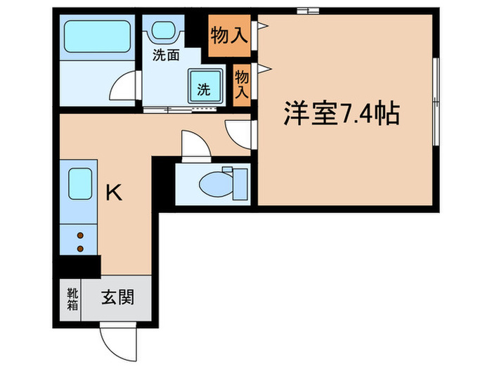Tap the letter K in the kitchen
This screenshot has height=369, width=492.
[x=114, y=192]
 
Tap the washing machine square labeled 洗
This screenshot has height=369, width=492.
[x=204, y=89]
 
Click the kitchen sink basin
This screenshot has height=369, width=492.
[x=79, y=185]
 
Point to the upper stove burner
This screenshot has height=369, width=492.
[x=79, y=236]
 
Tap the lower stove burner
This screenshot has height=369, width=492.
[x=79, y=248]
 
